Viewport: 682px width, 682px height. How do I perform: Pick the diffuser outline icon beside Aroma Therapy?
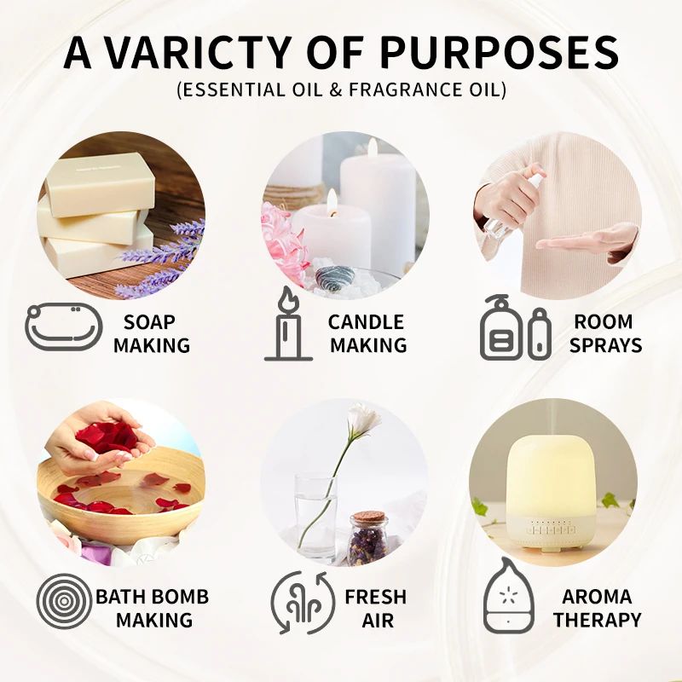(509, 600)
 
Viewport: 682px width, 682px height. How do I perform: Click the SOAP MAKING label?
(151, 333)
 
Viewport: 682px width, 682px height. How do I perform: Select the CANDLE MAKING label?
(367, 333)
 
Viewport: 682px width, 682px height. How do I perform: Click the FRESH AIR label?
(375, 608)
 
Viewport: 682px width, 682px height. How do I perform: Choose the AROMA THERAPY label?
(597, 608)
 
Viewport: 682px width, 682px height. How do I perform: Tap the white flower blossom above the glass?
(364, 419)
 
